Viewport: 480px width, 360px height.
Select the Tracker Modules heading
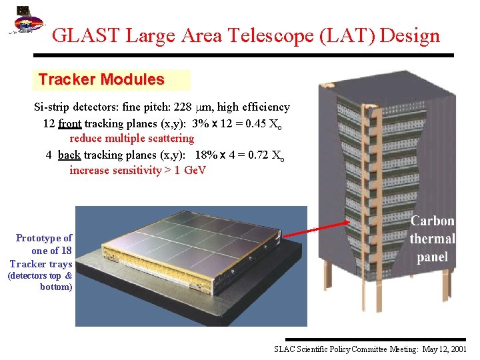coord(101,79)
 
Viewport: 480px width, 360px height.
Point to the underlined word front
coord(70,123)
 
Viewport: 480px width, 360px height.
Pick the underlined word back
coord(69,155)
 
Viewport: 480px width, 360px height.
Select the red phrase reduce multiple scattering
coord(131,139)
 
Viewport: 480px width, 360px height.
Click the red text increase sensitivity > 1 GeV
coord(138,170)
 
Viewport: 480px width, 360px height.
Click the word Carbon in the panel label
coord(432,221)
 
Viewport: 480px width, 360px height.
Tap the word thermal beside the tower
coord(432,239)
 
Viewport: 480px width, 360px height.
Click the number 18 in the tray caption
coord(66,251)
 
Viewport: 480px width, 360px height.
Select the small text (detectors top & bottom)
coord(40,281)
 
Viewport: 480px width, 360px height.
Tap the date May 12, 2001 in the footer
coord(443,349)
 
